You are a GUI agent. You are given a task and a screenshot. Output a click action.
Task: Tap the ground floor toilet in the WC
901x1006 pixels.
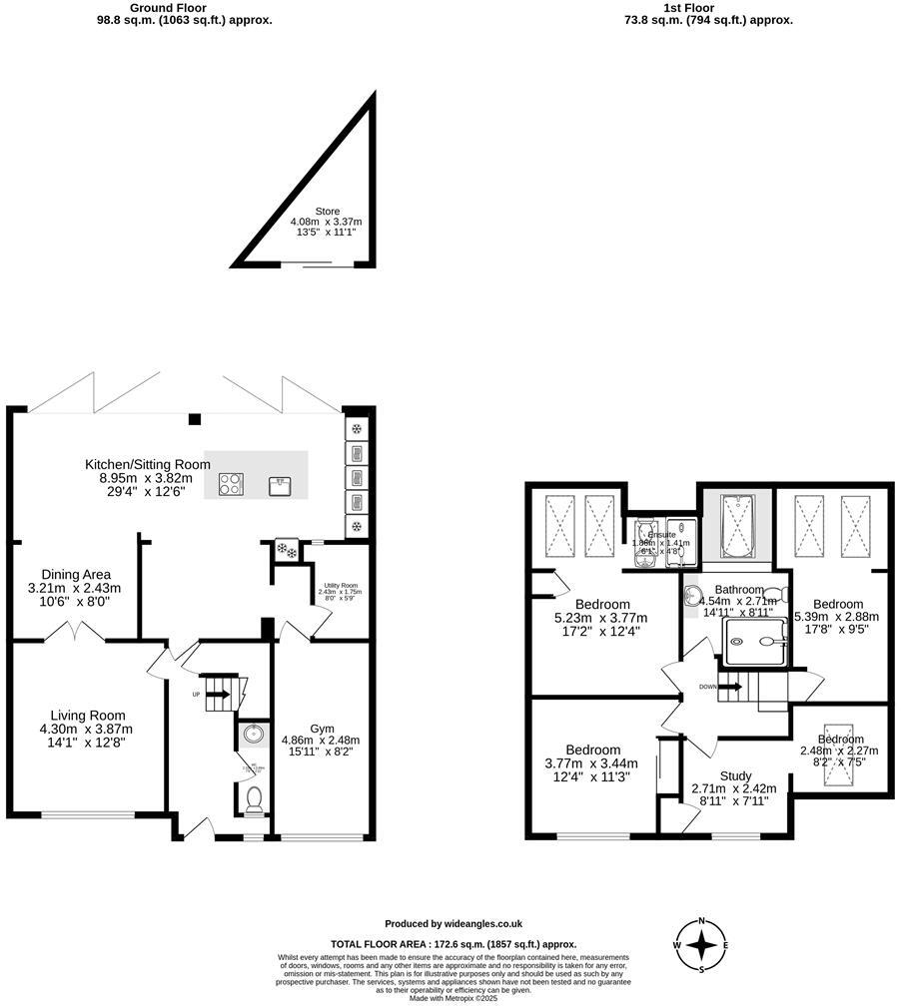tap(254, 798)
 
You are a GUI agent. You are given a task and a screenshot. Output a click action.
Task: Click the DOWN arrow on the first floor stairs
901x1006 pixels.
tap(729, 687)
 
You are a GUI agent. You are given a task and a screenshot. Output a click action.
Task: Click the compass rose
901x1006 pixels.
tap(702, 944)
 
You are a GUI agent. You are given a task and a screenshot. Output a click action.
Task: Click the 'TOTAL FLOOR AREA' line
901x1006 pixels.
tap(453, 943)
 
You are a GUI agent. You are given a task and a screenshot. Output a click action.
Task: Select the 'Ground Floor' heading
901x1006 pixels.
tap(168, 7)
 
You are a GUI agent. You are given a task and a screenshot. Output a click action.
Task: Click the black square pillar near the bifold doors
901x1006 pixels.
tap(196, 418)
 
